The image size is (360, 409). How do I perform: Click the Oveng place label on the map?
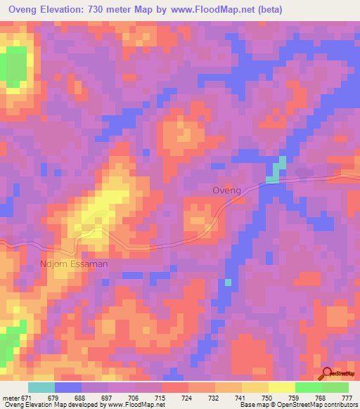[226, 190]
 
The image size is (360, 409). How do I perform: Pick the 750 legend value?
[269, 398]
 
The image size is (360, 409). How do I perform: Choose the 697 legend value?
[108, 398]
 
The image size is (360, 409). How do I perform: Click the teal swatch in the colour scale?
[41, 387]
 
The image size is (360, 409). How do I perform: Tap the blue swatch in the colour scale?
[68, 387]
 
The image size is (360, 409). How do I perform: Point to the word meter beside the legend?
[11, 398]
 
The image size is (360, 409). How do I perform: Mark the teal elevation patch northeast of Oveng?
[278, 171]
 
